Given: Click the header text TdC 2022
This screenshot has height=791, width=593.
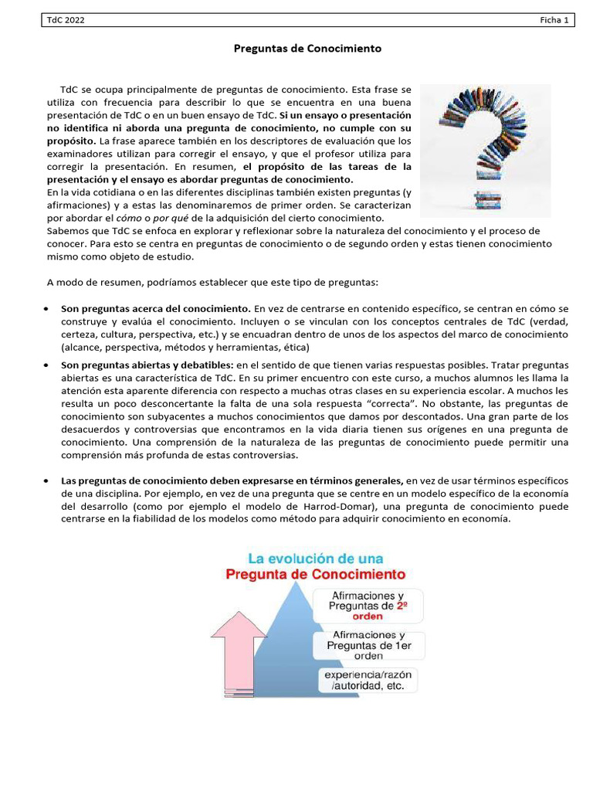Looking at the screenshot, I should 65,21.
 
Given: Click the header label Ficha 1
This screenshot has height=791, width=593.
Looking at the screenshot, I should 554,21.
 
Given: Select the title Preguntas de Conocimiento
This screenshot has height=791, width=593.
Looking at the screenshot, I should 307,49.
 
